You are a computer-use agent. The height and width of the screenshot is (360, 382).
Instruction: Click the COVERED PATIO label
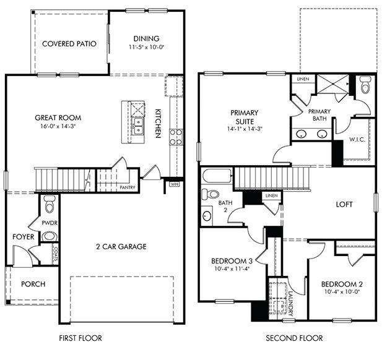69,44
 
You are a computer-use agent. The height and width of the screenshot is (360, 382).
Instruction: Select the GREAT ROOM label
58,118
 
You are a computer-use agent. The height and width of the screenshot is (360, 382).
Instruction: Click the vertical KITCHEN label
158,123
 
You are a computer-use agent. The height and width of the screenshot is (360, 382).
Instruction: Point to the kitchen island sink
138,129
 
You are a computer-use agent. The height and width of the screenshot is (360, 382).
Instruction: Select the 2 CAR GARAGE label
121,246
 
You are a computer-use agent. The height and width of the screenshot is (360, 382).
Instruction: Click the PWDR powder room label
50,221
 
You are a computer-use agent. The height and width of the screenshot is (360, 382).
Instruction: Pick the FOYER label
22,237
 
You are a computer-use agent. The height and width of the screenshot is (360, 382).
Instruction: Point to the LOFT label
344,204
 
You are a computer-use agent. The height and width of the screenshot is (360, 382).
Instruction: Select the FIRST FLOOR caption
80,338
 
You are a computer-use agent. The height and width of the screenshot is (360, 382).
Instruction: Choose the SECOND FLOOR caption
294,338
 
